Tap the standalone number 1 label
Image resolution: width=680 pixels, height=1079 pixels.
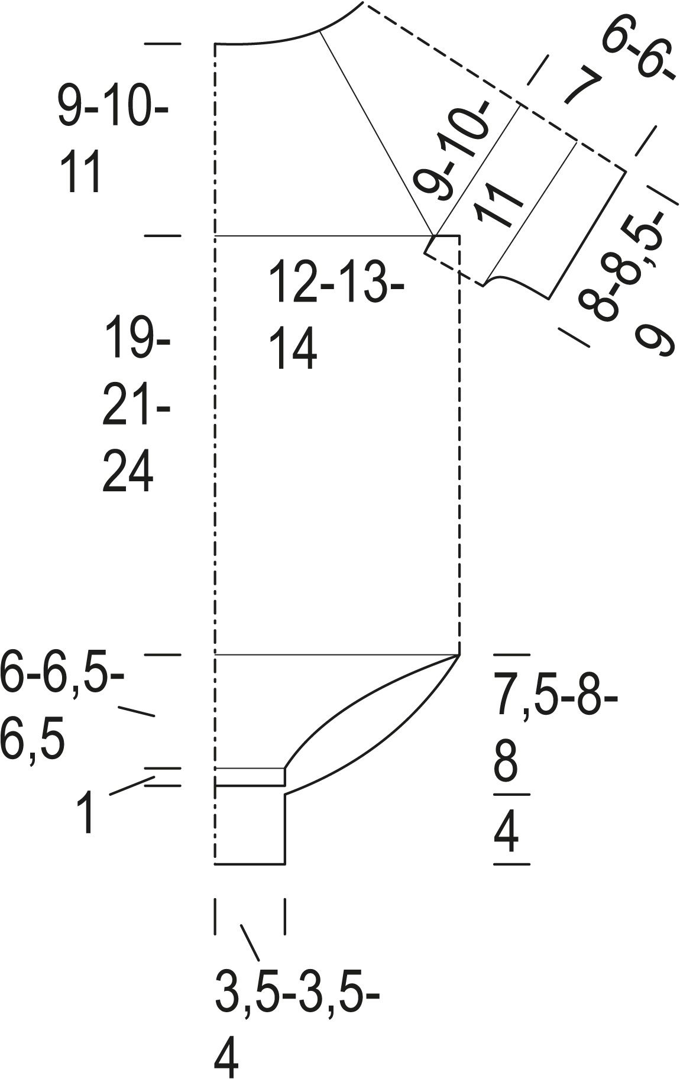86,814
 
